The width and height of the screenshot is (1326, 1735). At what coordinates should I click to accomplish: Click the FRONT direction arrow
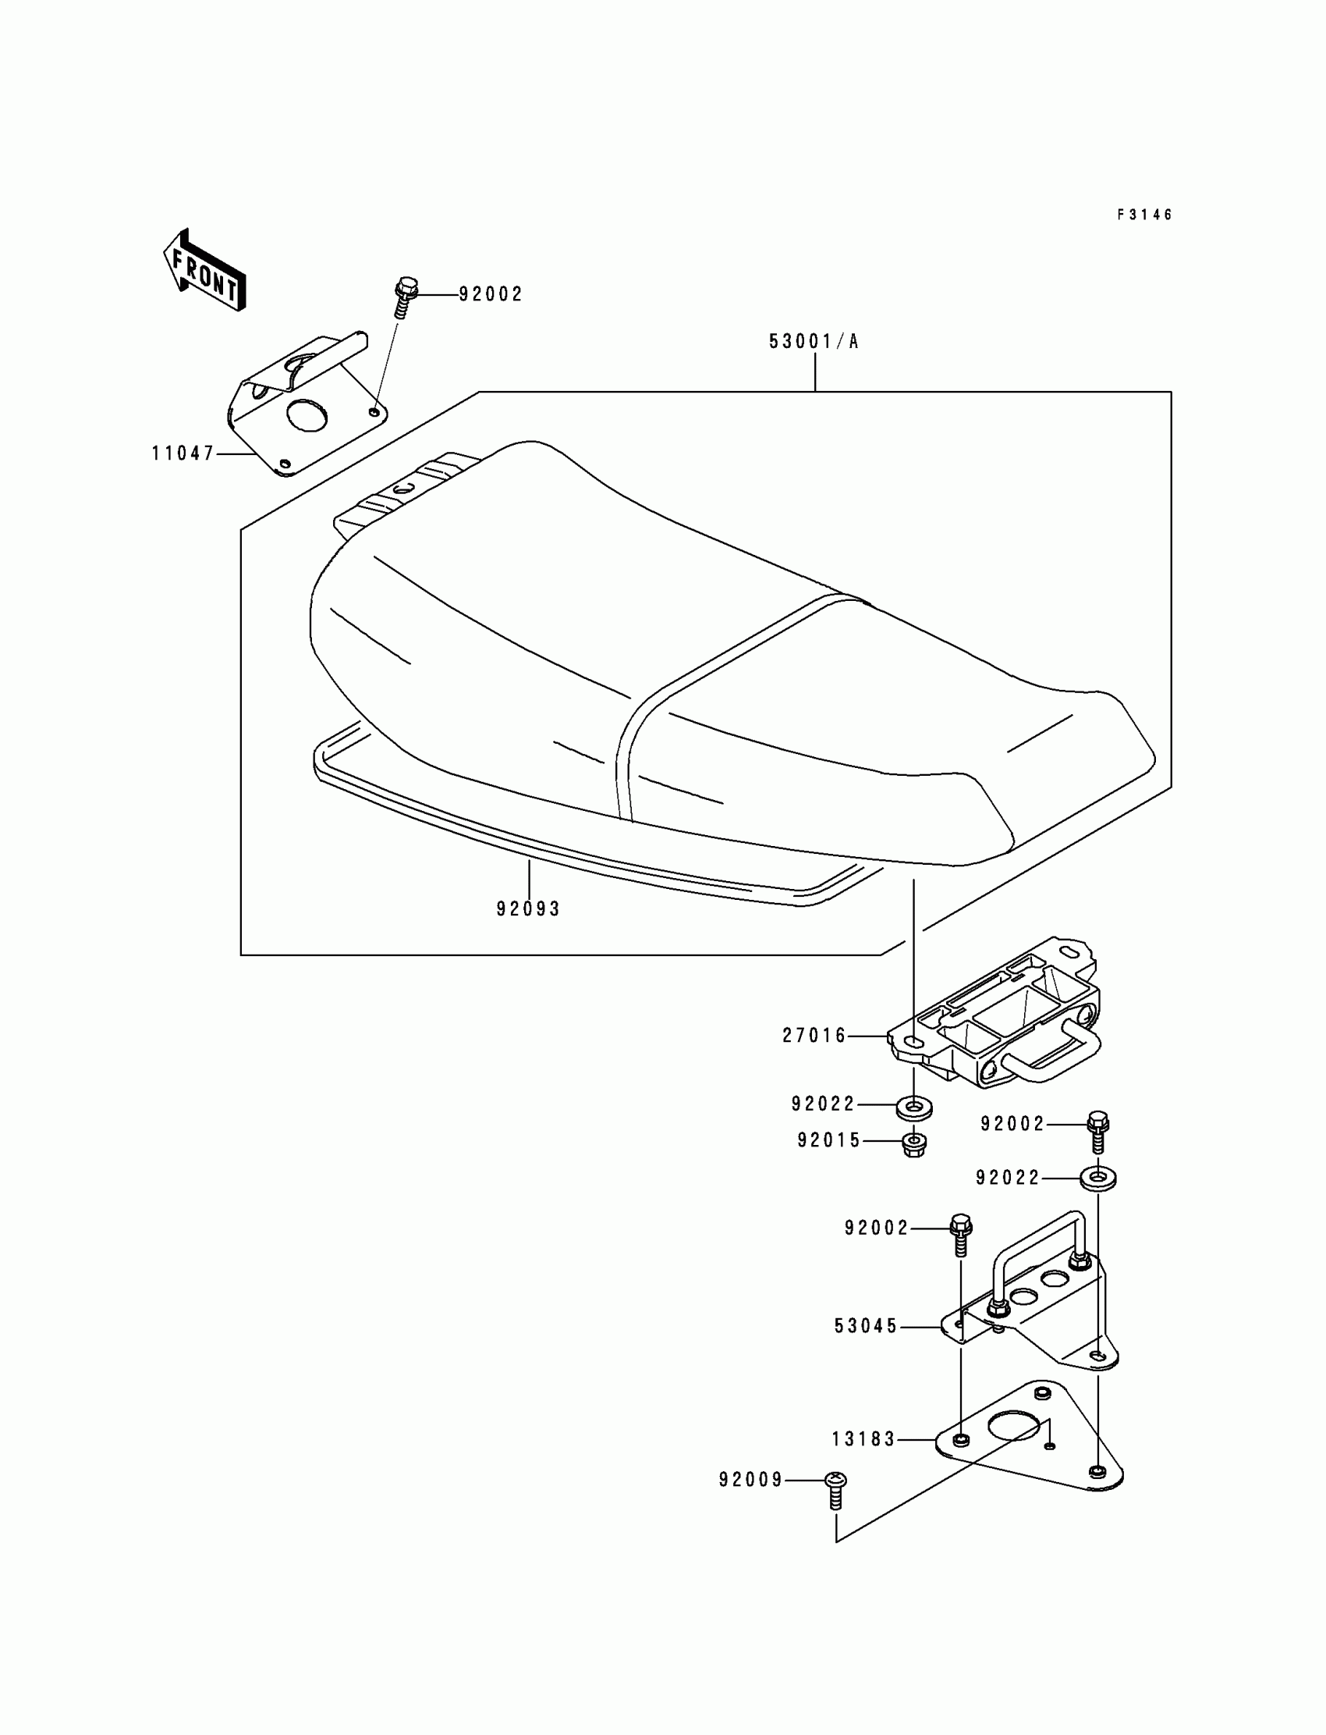click(x=204, y=271)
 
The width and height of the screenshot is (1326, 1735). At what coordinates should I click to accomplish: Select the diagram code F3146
click(x=1144, y=215)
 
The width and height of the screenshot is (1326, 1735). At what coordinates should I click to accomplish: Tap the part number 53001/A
click(x=814, y=341)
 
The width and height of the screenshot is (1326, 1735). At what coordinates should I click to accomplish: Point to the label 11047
click(x=183, y=453)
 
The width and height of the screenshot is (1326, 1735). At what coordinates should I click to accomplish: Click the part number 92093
click(x=528, y=909)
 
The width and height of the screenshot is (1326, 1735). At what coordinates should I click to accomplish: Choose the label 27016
click(x=814, y=1036)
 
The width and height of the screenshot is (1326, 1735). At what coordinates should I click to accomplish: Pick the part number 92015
click(x=828, y=1140)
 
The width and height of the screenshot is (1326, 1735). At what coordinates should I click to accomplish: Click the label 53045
click(x=866, y=1327)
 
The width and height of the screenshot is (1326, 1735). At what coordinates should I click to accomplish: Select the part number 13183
click(x=863, y=1440)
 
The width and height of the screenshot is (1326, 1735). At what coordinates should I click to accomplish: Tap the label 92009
click(x=750, y=1480)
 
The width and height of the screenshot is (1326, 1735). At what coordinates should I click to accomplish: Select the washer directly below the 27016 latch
click(x=914, y=1107)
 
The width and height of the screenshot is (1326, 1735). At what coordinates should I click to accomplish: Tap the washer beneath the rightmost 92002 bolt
click(x=1098, y=1179)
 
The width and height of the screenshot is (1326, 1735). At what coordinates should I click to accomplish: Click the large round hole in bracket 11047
click(x=307, y=415)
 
